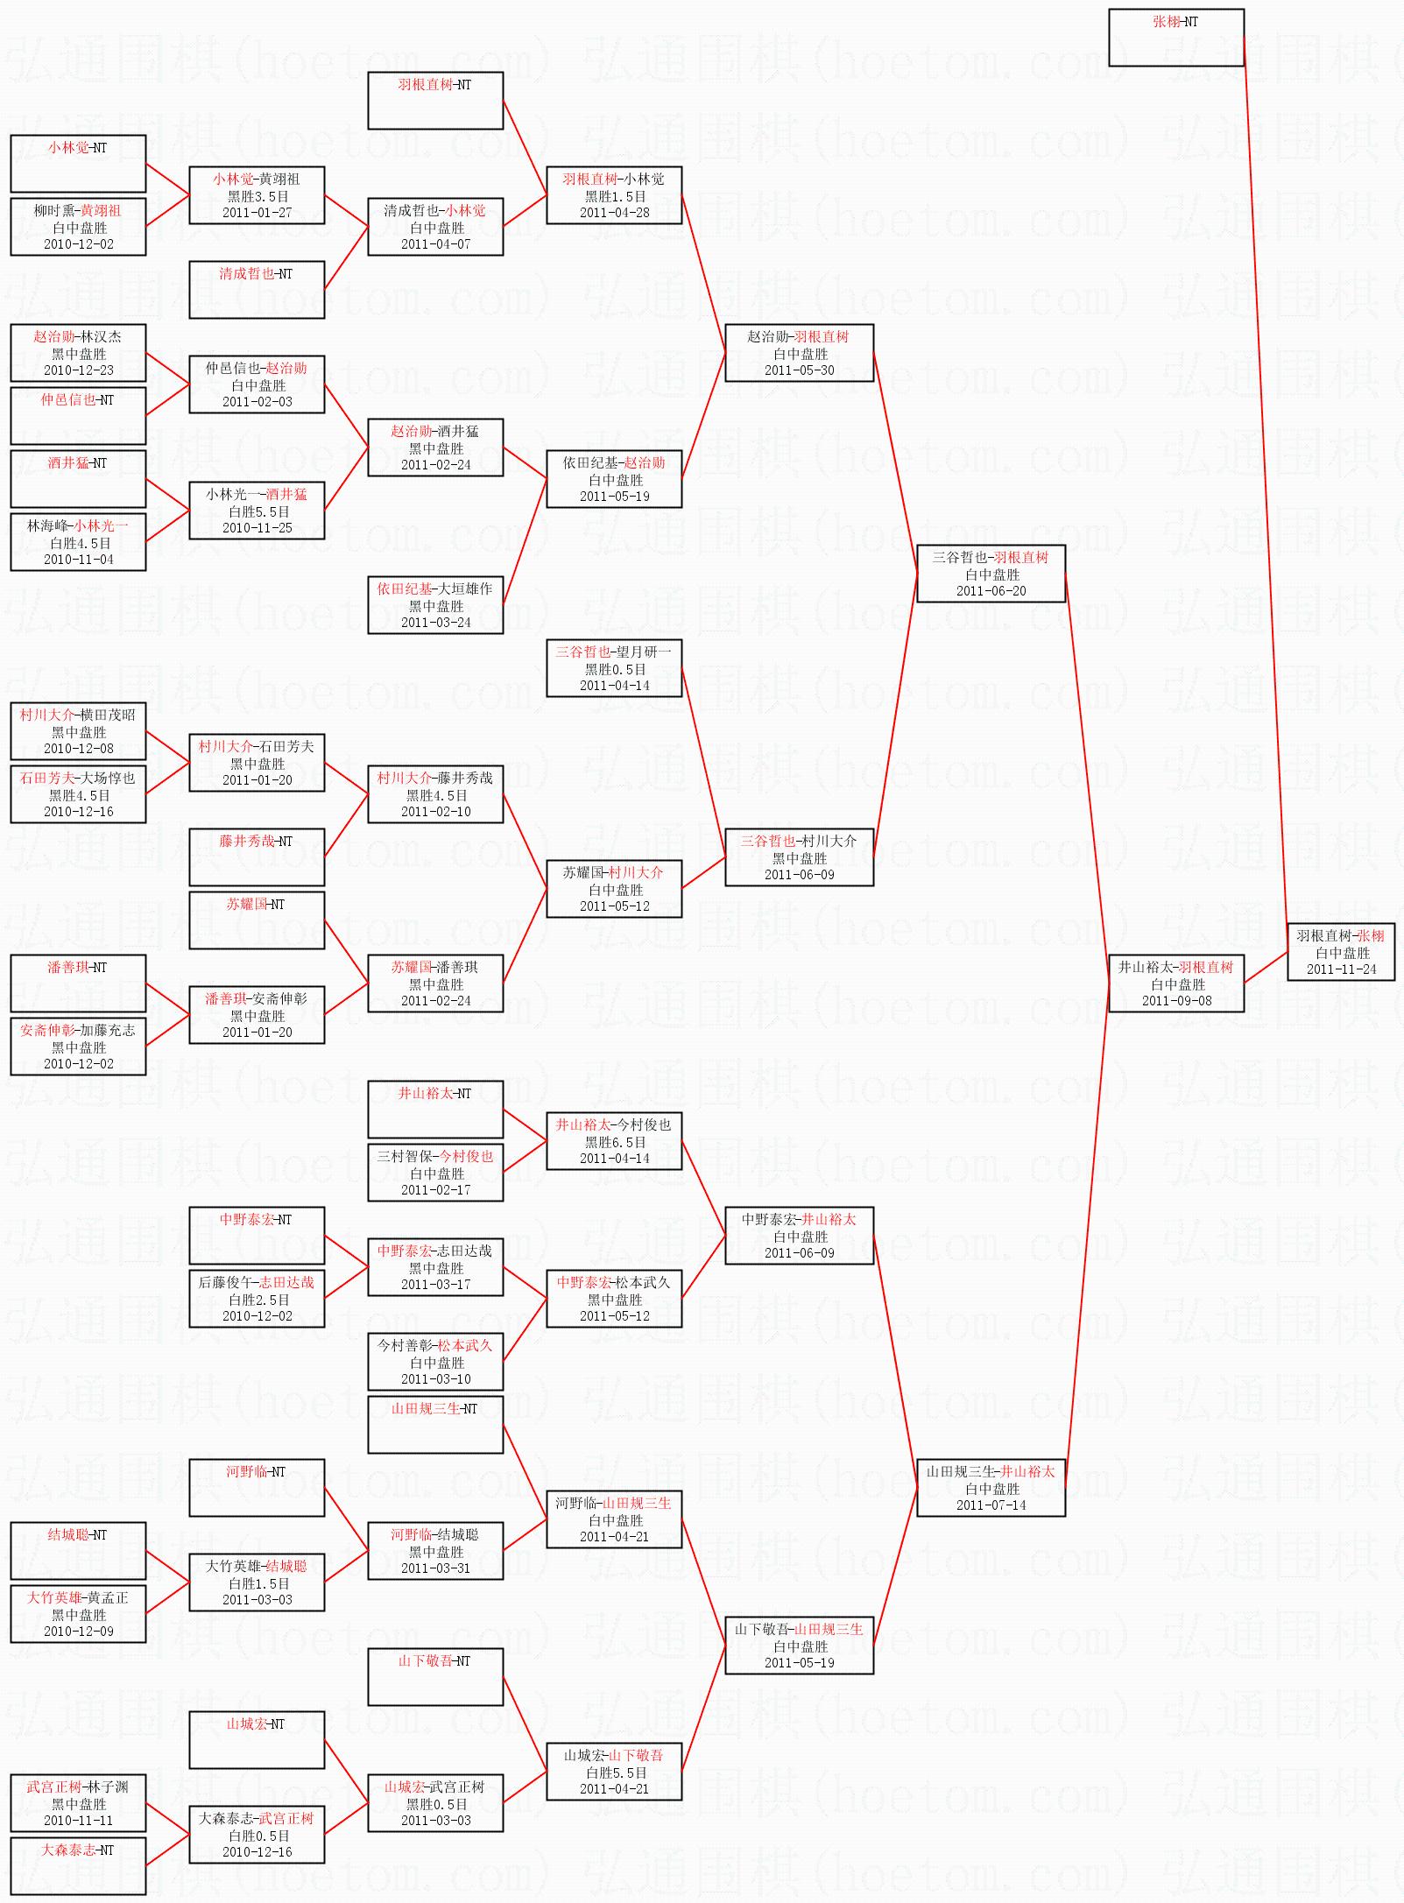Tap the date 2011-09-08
click(x=1176, y=1001)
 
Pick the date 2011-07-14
click(x=991, y=1505)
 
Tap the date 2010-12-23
click(x=78, y=370)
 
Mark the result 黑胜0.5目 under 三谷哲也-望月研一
click(x=615, y=669)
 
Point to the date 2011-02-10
click(x=435, y=812)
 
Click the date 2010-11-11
click(x=78, y=1821)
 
